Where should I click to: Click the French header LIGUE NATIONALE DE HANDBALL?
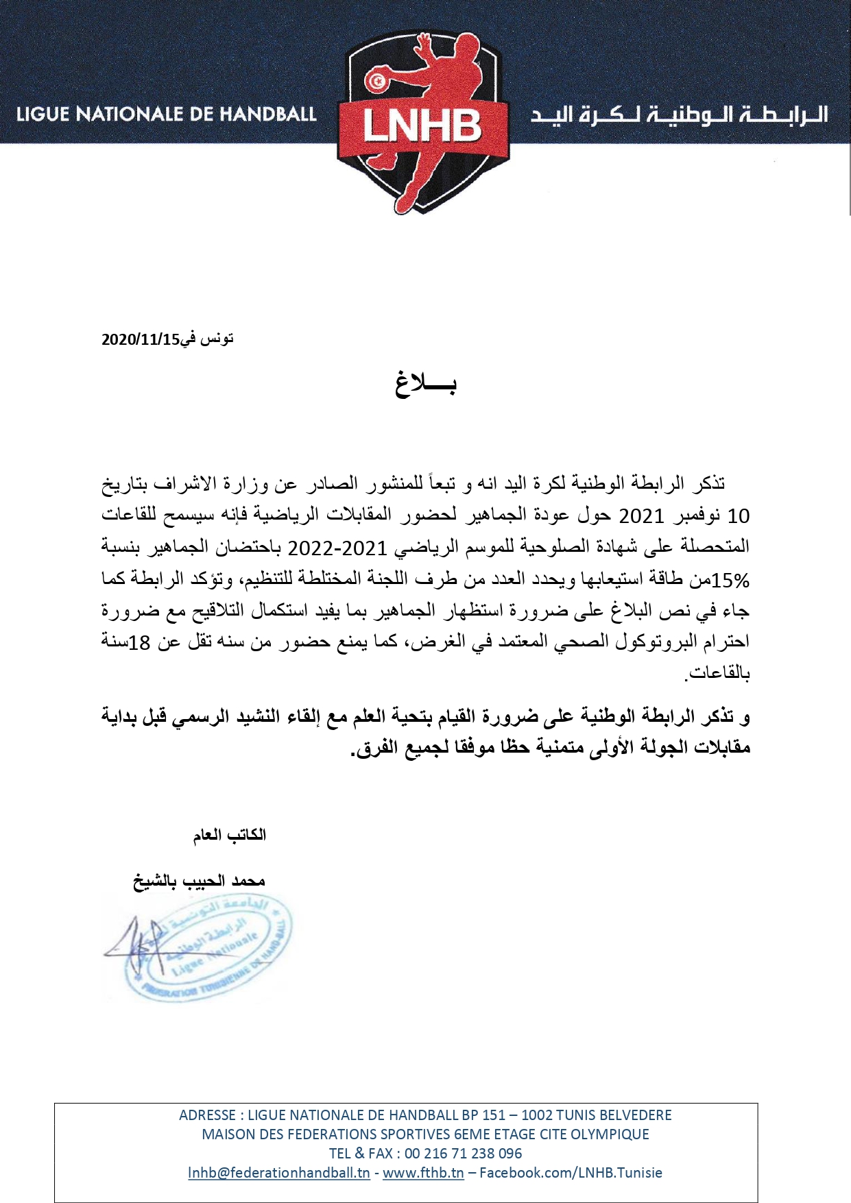pyautogui.click(x=166, y=114)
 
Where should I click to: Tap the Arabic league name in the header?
pyautogui.click(x=679, y=114)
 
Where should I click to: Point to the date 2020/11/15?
pyautogui.click(x=140, y=339)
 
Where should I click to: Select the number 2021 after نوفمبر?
pyautogui.click(x=641, y=515)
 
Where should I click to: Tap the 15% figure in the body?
pyautogui.click(x=731, y=581)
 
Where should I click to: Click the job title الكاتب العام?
pyautogui.click(x=229, y=835)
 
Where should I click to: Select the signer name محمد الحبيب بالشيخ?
pyautogui.click(x=199, y=881)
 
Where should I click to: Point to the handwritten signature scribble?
pyautogui.click(x=134, y=946)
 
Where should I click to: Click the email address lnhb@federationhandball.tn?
pyautogui.click(x=279, y=1172)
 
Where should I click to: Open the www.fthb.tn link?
pyautogui.click(x=423, y=1172)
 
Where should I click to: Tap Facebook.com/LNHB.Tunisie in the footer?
pyautogui.click(x=571, y=1172)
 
